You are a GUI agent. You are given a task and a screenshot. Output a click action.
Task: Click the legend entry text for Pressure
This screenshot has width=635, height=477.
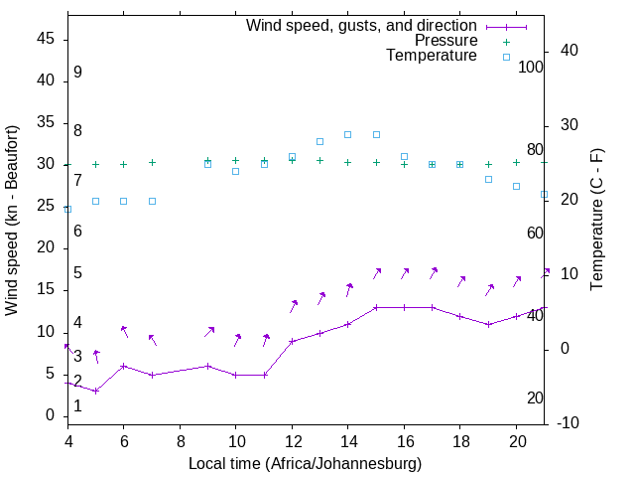(x=445, y=41)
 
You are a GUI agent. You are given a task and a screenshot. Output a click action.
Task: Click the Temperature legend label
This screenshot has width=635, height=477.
(x=432, y=57)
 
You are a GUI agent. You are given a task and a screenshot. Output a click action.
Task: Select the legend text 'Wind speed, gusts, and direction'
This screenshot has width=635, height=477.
(x=362, y=25)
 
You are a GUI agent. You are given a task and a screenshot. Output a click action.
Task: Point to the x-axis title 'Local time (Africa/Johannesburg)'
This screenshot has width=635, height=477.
(x=305, y=464)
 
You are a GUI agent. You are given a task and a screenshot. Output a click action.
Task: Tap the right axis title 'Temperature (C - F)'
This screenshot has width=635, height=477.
(x=596, y=221)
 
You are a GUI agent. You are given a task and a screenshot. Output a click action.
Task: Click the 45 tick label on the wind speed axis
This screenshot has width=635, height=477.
(x=45, y=39)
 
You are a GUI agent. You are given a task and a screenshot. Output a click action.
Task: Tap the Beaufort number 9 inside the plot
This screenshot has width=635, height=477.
(x=77, y=73)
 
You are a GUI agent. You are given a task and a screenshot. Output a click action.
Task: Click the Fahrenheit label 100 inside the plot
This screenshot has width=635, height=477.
(x=531, y=68)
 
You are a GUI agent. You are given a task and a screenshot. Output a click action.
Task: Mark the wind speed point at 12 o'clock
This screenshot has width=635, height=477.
(x=292, y=341)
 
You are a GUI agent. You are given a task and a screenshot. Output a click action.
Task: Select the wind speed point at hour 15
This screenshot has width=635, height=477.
(x=376, y=307)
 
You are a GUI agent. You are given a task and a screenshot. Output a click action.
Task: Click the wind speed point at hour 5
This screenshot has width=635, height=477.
(x=95, y=391)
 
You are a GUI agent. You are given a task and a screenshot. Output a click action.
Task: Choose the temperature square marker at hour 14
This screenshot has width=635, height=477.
(x=348, y=134)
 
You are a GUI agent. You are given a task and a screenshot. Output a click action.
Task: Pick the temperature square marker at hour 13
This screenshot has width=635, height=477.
(x=319, y=141)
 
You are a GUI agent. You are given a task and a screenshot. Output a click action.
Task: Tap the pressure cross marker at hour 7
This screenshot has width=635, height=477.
(x=152, y=162)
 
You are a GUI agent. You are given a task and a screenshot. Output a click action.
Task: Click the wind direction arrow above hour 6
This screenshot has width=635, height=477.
(x=124, y=331)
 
